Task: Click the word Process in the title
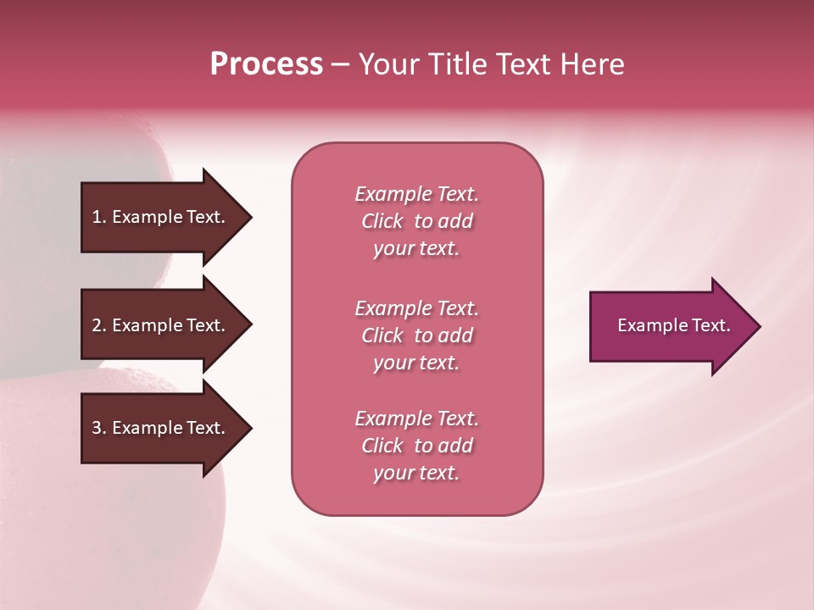tap(266, 64)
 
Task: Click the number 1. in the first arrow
tap(99, 217)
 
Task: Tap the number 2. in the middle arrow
tap(99, 325)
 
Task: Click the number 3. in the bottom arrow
tap(99, 428)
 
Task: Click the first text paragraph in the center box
tap(416, 221)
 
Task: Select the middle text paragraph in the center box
tap(416, 335)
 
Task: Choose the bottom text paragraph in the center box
tap(416, 446)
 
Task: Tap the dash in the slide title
tap(340, 64)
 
